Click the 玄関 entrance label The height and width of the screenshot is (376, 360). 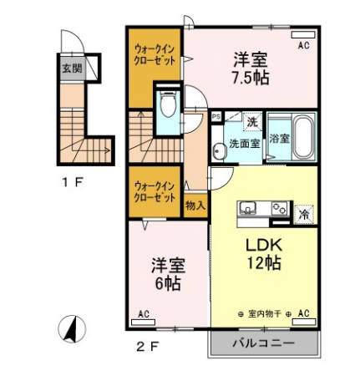point(72,69)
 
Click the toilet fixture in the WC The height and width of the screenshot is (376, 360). point(167,106)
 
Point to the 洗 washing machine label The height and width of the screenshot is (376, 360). point(251,123)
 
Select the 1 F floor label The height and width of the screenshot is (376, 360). point(69,181)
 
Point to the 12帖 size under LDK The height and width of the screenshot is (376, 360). point(261,262)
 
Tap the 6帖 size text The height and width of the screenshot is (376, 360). point(167,283)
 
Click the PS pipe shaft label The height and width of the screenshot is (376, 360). point(216,118)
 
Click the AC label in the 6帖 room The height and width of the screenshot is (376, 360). point(142,314)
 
